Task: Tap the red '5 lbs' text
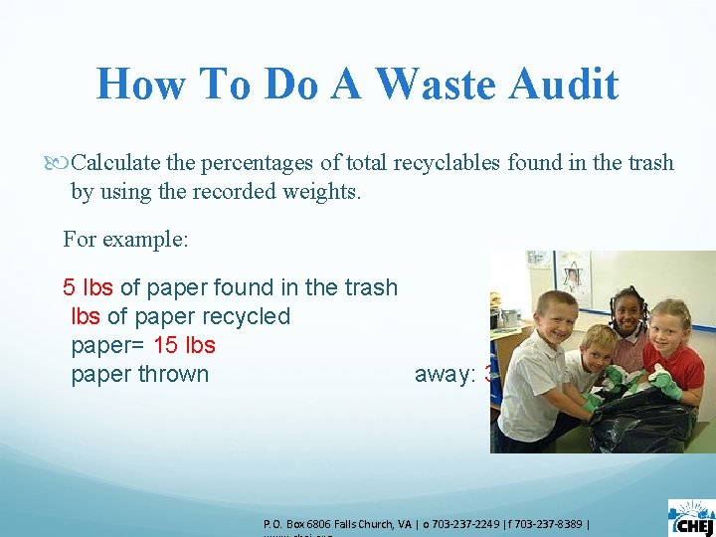coord(88,287)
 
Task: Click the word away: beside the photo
coord(446,374)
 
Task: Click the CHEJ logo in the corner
coord(691,517)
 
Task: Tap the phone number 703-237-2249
coord(472,523)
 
